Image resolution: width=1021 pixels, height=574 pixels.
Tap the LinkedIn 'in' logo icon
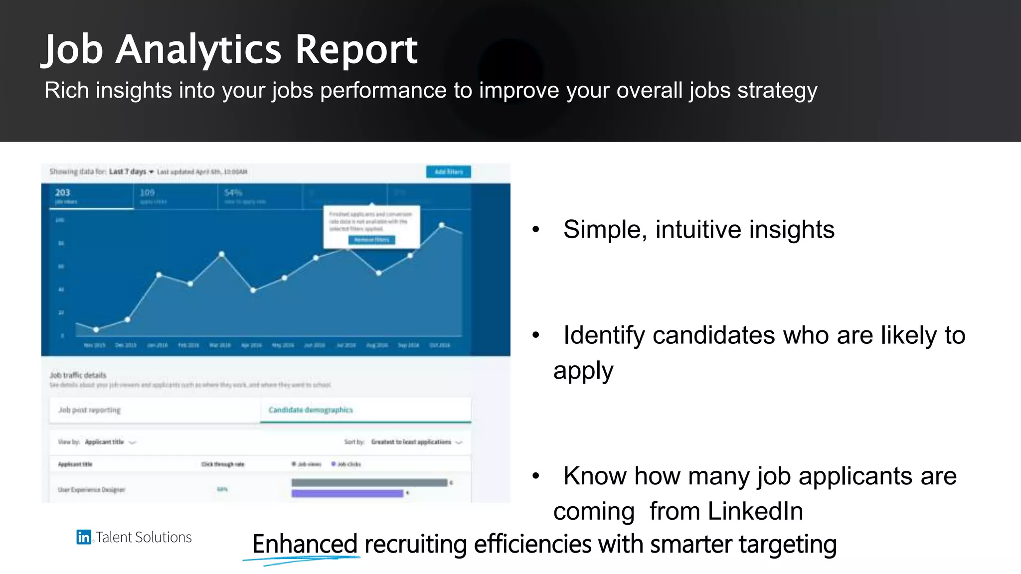click(84, 537)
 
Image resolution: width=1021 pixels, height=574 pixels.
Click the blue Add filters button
click(448, 172)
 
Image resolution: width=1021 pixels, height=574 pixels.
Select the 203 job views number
click(63, 193)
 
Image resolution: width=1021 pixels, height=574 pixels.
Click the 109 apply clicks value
click(147, 193)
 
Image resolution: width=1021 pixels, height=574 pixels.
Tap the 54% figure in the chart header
click(233, 193)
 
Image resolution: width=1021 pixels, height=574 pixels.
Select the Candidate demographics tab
click(311, 410)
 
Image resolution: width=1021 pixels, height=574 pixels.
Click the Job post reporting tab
click(90, 410)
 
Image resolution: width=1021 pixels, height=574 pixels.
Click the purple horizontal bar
click(347, 493)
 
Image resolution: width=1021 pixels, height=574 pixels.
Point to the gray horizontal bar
click(369, 482)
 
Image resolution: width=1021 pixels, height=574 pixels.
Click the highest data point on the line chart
click(442, 225)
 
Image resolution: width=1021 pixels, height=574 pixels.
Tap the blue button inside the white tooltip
click(371, 240)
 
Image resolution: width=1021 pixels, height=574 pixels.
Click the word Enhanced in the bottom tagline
click(305, 544)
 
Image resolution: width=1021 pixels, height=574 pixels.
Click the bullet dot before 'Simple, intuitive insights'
click(536, 230)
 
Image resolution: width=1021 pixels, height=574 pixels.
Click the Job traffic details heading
click(78, 375)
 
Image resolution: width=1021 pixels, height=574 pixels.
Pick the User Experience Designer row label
click(91, 490)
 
